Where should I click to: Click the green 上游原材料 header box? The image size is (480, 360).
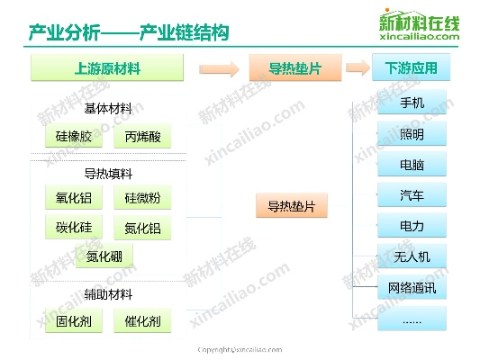(x=107, y=67)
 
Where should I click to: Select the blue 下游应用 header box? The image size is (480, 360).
(x=412, y=67)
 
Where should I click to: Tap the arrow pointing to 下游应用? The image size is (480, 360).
(x=358, y=67)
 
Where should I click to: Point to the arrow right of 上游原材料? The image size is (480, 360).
(x=219, y=69)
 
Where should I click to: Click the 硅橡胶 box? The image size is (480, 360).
(x=74, y=136)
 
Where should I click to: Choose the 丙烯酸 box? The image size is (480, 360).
(x=142, y=136)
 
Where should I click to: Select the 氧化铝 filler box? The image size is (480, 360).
(x=74, y=197)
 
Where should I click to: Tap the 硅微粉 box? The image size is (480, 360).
(x=142, y=197)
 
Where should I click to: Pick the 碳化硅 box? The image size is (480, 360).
(x=74, y=227)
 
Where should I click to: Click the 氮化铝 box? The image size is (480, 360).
(x=142, y=228)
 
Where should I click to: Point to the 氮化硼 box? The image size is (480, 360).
(x=104, y=256)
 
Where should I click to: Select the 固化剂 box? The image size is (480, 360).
(x=74, y=320)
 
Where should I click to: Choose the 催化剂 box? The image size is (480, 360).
(x=142, y=320)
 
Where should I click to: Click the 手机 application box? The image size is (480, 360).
(x=412, y=103)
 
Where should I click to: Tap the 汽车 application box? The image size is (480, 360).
(x=412, y=194)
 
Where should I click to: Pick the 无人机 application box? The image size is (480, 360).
(x=412, y=256)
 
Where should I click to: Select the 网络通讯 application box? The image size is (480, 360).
(x=412, y=287)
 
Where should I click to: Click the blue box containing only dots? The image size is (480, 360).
(x=412, y=319)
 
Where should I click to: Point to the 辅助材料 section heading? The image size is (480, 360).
(x=108, y=294)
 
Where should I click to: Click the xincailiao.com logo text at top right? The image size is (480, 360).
(x=420, y=36)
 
